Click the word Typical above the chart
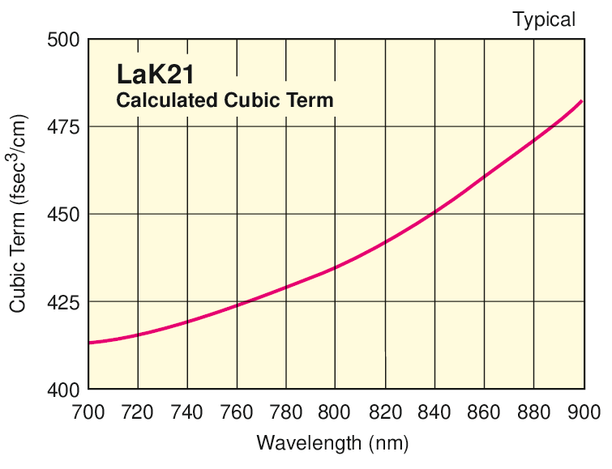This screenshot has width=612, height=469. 543,19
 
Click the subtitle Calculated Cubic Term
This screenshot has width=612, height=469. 225,100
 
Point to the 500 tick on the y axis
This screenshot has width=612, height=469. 63,39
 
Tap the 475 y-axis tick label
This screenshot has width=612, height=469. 63,127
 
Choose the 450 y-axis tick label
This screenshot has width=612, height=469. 63,215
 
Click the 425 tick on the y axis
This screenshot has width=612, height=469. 63,302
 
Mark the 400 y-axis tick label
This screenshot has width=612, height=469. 63,390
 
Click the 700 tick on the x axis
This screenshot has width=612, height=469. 88,412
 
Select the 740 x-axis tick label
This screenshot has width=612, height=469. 187,412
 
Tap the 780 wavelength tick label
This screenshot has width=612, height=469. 286,412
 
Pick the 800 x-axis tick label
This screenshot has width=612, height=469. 336,412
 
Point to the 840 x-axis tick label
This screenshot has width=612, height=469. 434,412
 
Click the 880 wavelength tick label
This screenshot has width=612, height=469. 533,412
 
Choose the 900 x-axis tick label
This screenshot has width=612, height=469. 583,412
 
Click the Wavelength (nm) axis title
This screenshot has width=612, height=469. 332,443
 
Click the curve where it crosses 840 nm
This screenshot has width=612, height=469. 434,214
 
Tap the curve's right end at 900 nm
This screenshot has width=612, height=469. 582,101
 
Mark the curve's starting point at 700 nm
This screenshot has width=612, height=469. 89,343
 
